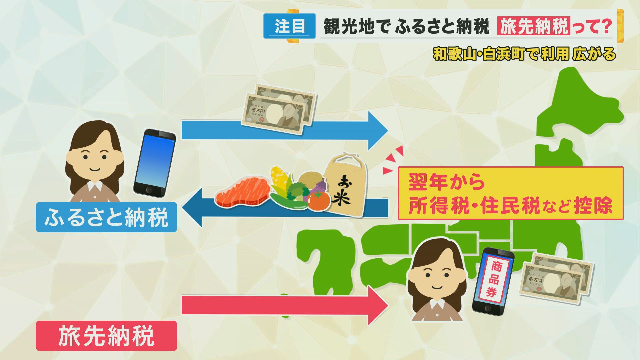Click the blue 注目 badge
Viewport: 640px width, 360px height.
[x=289, y=26]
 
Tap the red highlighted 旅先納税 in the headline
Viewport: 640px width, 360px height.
[x=533, y=26]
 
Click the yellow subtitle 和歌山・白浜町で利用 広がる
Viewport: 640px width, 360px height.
[x=524, y=54]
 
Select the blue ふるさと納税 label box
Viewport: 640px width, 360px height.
[x=106, y=217]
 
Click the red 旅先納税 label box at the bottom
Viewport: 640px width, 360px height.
[x=106, y=336]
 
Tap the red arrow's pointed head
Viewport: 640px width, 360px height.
[x=378, y=305]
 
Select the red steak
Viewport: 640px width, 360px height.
[x=243, y=191]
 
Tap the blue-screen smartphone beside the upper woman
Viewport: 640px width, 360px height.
[x=155, y=163]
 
